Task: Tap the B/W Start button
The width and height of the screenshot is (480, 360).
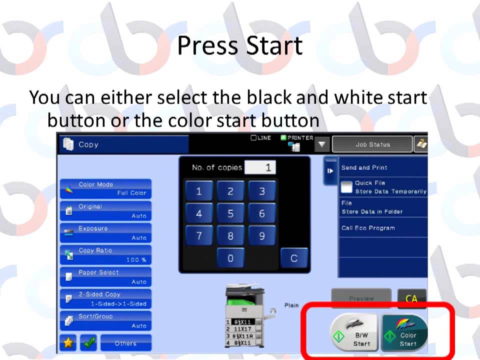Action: (x=353, y=332)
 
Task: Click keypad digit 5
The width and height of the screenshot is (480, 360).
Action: (x=230, y=213)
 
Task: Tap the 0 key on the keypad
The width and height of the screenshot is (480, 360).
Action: (x=230, y=258)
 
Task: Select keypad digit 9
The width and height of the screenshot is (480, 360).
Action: (x=261, y=236)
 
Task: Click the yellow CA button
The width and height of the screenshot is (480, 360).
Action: (x=411, y=298)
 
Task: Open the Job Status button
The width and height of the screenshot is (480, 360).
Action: (x=372, y=144)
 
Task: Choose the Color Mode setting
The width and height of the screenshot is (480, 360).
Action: (x=105, y=188)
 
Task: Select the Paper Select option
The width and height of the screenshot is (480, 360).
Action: (x=105, y=276)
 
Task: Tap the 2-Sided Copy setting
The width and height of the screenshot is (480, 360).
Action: (x=105, y=298)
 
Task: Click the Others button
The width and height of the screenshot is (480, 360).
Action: (x=125, y=343)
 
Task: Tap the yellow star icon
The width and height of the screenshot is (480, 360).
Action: (x=68, y=343)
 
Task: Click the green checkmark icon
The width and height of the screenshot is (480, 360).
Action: (x=88, y=343)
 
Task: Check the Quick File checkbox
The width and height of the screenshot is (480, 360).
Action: (x=346, y=187)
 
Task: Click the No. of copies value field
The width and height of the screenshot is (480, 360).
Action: (x=260, y=167)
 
